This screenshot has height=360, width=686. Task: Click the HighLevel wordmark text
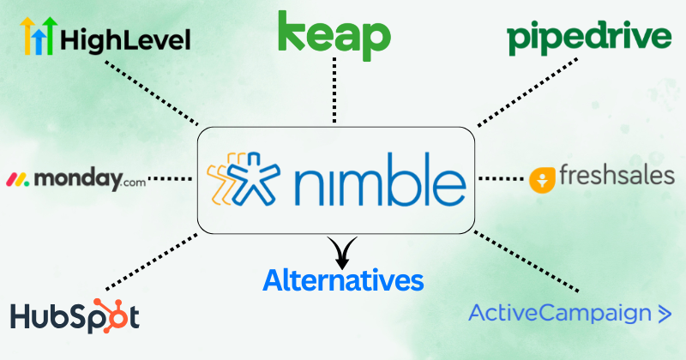pos(125,40)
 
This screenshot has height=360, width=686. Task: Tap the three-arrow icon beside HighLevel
pos(39,36)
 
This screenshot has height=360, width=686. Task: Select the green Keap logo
pos(334,36)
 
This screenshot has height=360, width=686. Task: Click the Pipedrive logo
pos(589,38)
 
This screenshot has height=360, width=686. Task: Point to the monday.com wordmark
pos(90,179)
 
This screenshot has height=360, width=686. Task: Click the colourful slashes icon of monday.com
pos(17,180)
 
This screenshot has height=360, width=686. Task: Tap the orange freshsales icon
pos(542,180)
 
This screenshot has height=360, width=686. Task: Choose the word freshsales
pos(617,175)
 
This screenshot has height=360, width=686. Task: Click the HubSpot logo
pos(75,315)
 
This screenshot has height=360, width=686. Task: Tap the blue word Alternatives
pos(343,280)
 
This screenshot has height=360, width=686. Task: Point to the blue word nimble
pos(380,179)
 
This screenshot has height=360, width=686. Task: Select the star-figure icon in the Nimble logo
pos(244,178)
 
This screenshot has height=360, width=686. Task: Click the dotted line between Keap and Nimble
pos(334,90)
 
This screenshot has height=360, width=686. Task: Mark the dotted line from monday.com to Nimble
pos(170,178)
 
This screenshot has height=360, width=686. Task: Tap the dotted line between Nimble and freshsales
pos(501,178)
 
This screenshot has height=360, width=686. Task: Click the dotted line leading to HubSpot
pos(152,261)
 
